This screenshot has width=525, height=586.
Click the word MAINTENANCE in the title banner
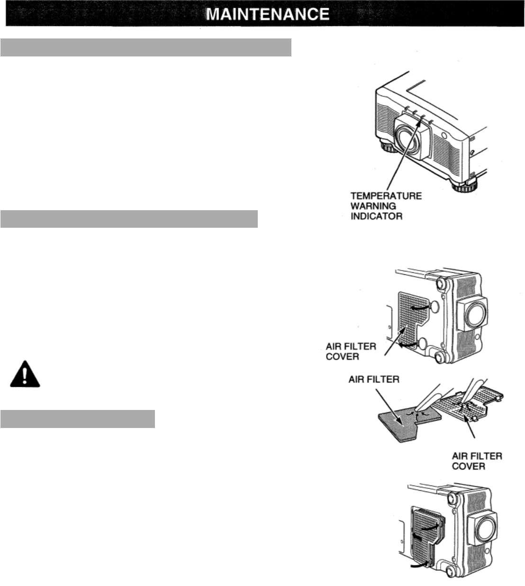point(268,14)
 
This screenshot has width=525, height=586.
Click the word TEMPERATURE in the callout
point(386,195)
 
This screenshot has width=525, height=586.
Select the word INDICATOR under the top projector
point(376,216)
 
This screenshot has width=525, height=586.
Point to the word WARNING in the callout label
point(373,206)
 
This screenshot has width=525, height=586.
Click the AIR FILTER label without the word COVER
point(374,379)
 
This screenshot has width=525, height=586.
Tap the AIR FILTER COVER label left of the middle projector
point(351,351)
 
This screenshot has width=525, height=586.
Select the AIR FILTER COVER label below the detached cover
point(477,461)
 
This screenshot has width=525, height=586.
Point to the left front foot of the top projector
point(389,149)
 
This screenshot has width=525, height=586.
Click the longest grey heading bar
point(145,48)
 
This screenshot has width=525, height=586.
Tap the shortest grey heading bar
point(78,419)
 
